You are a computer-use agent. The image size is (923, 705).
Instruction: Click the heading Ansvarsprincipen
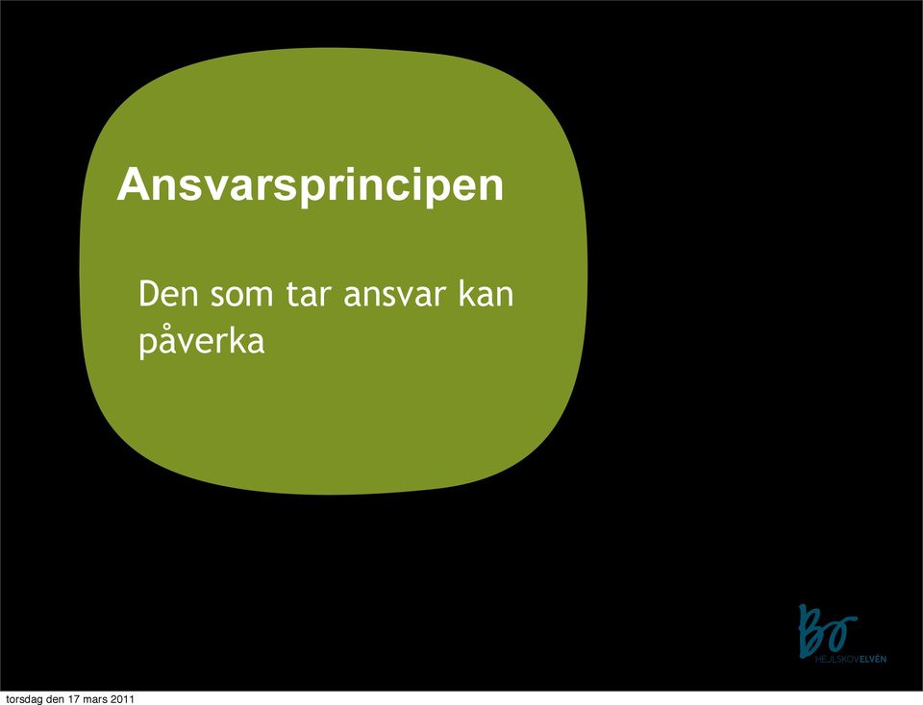pyautogui.click(x=311, y=186)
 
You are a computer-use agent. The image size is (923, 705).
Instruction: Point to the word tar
pyautogui.click(x=307, y=295)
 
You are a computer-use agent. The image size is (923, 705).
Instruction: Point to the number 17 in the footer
pyautogui.click(x=74, y=699)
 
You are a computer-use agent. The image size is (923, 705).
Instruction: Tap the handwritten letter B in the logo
pyautogui.click(x=813, y=630)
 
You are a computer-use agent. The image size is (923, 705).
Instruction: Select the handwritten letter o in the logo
pyautogui.click(x=843, y=628)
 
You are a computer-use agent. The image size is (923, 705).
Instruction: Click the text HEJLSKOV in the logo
pyautogui.click(x=837, y=659)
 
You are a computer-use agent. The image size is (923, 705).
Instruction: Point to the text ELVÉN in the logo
pyautogui.click(x=873, y=659)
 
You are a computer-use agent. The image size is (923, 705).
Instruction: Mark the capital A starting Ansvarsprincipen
pyautogui.click(x=132, y=185)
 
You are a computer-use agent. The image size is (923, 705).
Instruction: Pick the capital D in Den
pyautogui.click(x=147, y=294)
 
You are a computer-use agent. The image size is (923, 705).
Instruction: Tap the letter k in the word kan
pyautogui.click(x=467, y=293)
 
